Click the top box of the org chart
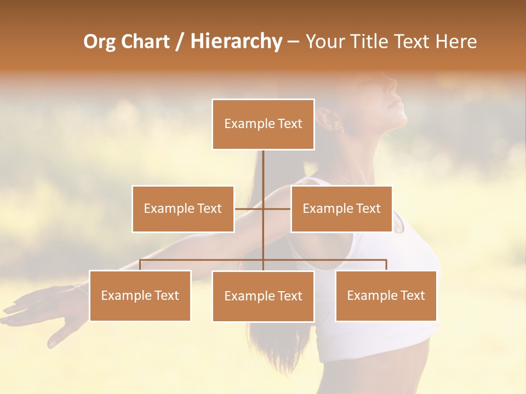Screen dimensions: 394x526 [x=263, y=124]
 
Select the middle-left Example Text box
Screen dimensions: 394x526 [x=183, y=208]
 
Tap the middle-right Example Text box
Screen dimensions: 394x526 [x=341, y=208]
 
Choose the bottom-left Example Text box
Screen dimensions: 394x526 [x=140, y=296]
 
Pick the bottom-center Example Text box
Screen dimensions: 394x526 [x=263, y=296]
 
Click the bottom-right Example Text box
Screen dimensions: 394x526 [x=386, y=296]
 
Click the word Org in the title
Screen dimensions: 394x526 [x=99, y=42]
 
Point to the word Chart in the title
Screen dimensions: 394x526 [x=146, y=42]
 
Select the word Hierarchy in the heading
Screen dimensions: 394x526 [x=236, y=42]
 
